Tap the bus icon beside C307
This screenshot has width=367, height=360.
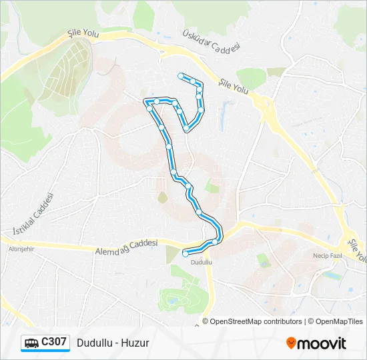point(31,343)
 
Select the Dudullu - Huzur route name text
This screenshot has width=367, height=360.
point(113,343)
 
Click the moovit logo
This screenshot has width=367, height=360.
point(316,343)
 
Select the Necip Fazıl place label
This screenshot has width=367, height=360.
point(327,255)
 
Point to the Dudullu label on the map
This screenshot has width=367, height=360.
point(201,263)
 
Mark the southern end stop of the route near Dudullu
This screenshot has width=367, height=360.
point(185,253)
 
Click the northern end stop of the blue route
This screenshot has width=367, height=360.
point(180,76)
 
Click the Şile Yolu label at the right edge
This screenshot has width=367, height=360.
point(358,248)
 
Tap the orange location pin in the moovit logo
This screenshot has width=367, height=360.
point(292,343)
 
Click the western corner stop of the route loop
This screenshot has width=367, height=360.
point(147,102)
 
